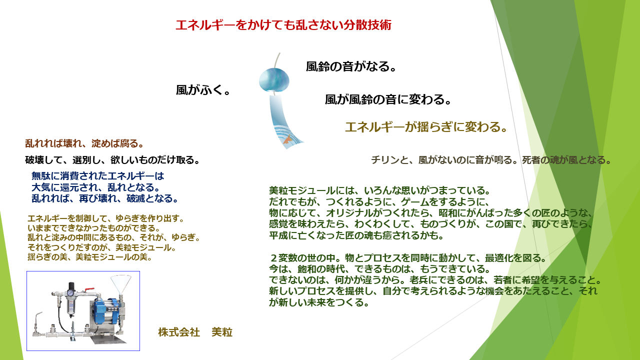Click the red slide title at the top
283,25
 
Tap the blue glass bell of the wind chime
274,80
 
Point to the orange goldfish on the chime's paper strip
286,142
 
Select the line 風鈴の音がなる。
351,66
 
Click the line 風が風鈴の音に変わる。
388,99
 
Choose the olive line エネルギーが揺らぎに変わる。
426,127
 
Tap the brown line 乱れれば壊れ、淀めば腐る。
84,143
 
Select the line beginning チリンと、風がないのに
491,160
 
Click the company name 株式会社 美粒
195,332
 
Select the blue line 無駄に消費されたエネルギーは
97,176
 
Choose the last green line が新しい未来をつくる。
318,303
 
